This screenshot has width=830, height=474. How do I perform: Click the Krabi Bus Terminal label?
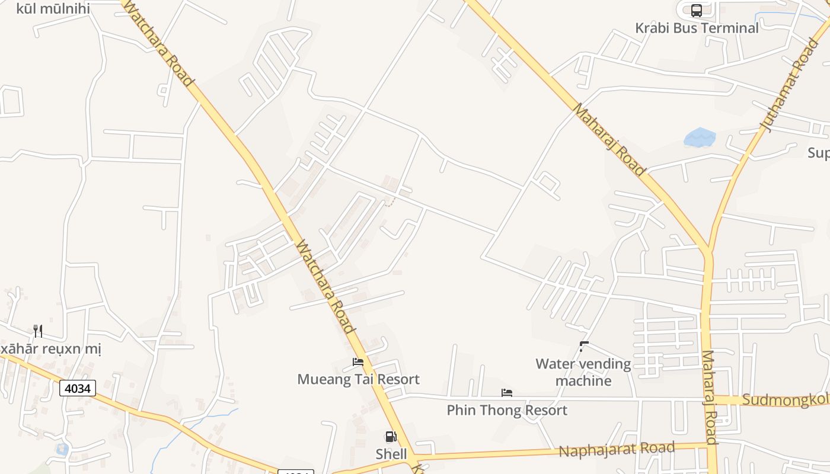click(x=697, y=28)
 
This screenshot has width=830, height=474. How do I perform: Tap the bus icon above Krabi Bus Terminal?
click(x=697, y=11)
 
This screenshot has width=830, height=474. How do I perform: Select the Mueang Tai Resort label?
click(x=358, y=379)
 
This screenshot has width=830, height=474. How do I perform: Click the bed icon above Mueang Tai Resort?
click(x=358, y=362)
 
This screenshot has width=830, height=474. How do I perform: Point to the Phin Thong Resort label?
click(x=507, y=410)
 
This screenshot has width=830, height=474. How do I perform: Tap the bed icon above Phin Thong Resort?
click(x=507, y=393)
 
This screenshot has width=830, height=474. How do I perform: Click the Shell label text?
click(x=391, y=454)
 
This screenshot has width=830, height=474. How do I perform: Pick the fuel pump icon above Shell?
click(x=391, y=437)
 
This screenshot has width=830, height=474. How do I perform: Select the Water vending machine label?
click(x=583, y=372)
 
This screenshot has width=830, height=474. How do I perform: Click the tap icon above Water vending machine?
click(x=584, y=346)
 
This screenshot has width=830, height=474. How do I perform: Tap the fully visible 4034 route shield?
click(x=78, y=389)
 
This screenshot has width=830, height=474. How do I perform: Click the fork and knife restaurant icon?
click(x=38, y=331)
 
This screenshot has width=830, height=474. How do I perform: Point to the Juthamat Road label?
click(x=789, y=85)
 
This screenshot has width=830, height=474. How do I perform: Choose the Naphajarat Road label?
click(x=617, y=450)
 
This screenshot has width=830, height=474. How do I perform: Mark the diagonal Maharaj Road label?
click(x=609, y=140)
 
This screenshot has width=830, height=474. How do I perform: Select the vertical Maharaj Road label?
click(x=710, y=397)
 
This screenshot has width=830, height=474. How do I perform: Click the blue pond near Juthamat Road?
click(x=700, y=138)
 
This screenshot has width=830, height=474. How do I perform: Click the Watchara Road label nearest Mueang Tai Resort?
click(x=325, y=287)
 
